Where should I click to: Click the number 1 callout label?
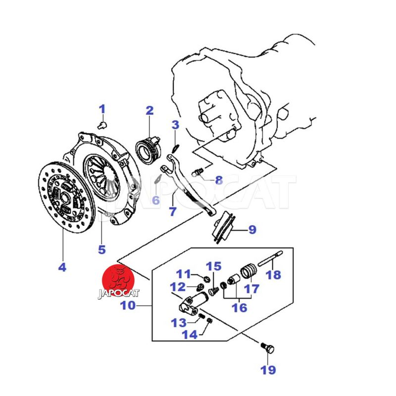point(102,108)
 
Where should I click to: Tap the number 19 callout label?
point(268,369)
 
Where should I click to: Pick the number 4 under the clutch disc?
point(62,267)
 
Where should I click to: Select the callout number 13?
point(178,323)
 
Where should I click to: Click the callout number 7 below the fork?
point(172,211)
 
